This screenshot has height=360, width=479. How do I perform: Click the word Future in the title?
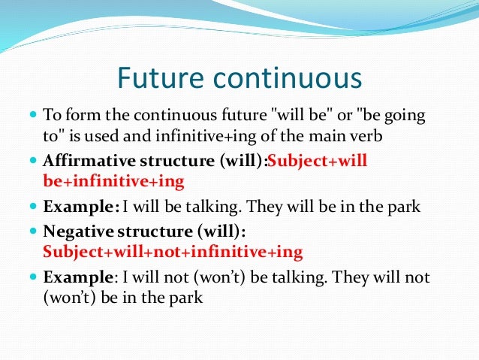click(x=161, y=77)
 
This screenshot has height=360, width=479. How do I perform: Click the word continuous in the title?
click(x=288, y=78)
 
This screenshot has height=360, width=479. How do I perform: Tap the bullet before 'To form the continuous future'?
click(x=33, y=115)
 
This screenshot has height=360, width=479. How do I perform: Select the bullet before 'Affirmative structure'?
click(x=33, y=160)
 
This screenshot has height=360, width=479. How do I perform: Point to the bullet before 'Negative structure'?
click(x=33, y=231)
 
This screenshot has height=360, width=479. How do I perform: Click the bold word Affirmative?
click(x=89, y=160)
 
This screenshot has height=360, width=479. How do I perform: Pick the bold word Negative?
click(x=78, y=231)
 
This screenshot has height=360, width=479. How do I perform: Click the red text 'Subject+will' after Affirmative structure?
click(x=317, y=161)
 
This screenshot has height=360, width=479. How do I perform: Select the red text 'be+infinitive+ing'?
click(x=113, y=182)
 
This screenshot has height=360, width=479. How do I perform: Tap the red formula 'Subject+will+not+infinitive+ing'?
click(x=173, y=252)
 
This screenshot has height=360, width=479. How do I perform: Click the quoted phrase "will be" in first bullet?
click(x=300, y=115)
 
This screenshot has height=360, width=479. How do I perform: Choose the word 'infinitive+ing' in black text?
click(x=206, y=137)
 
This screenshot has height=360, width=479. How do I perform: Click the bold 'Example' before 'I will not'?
click(x=78, y=277)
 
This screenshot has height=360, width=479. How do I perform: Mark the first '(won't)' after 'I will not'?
click(x=219, y=278)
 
